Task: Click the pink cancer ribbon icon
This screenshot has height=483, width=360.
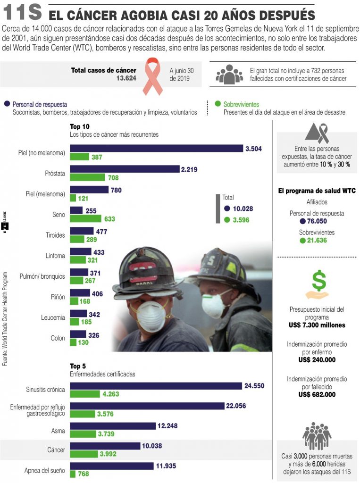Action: point(152,75)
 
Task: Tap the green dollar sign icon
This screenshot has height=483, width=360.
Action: point(318,282)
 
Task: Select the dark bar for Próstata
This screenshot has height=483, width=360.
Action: point(125,169)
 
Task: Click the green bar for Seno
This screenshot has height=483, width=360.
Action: point(85,219)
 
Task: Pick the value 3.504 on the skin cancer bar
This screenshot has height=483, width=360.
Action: point(253,149)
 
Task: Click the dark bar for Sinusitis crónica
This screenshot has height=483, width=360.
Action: point(156,386)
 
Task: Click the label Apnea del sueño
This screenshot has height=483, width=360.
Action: point(45,471)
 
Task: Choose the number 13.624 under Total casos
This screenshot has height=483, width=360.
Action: point(126,78)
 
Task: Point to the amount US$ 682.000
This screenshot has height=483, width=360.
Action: point(317,394)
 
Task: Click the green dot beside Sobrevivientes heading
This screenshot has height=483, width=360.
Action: point(218,104)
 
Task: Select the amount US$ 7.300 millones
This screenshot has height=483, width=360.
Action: point(317,325)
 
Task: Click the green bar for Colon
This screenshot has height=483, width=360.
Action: point(73,342)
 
